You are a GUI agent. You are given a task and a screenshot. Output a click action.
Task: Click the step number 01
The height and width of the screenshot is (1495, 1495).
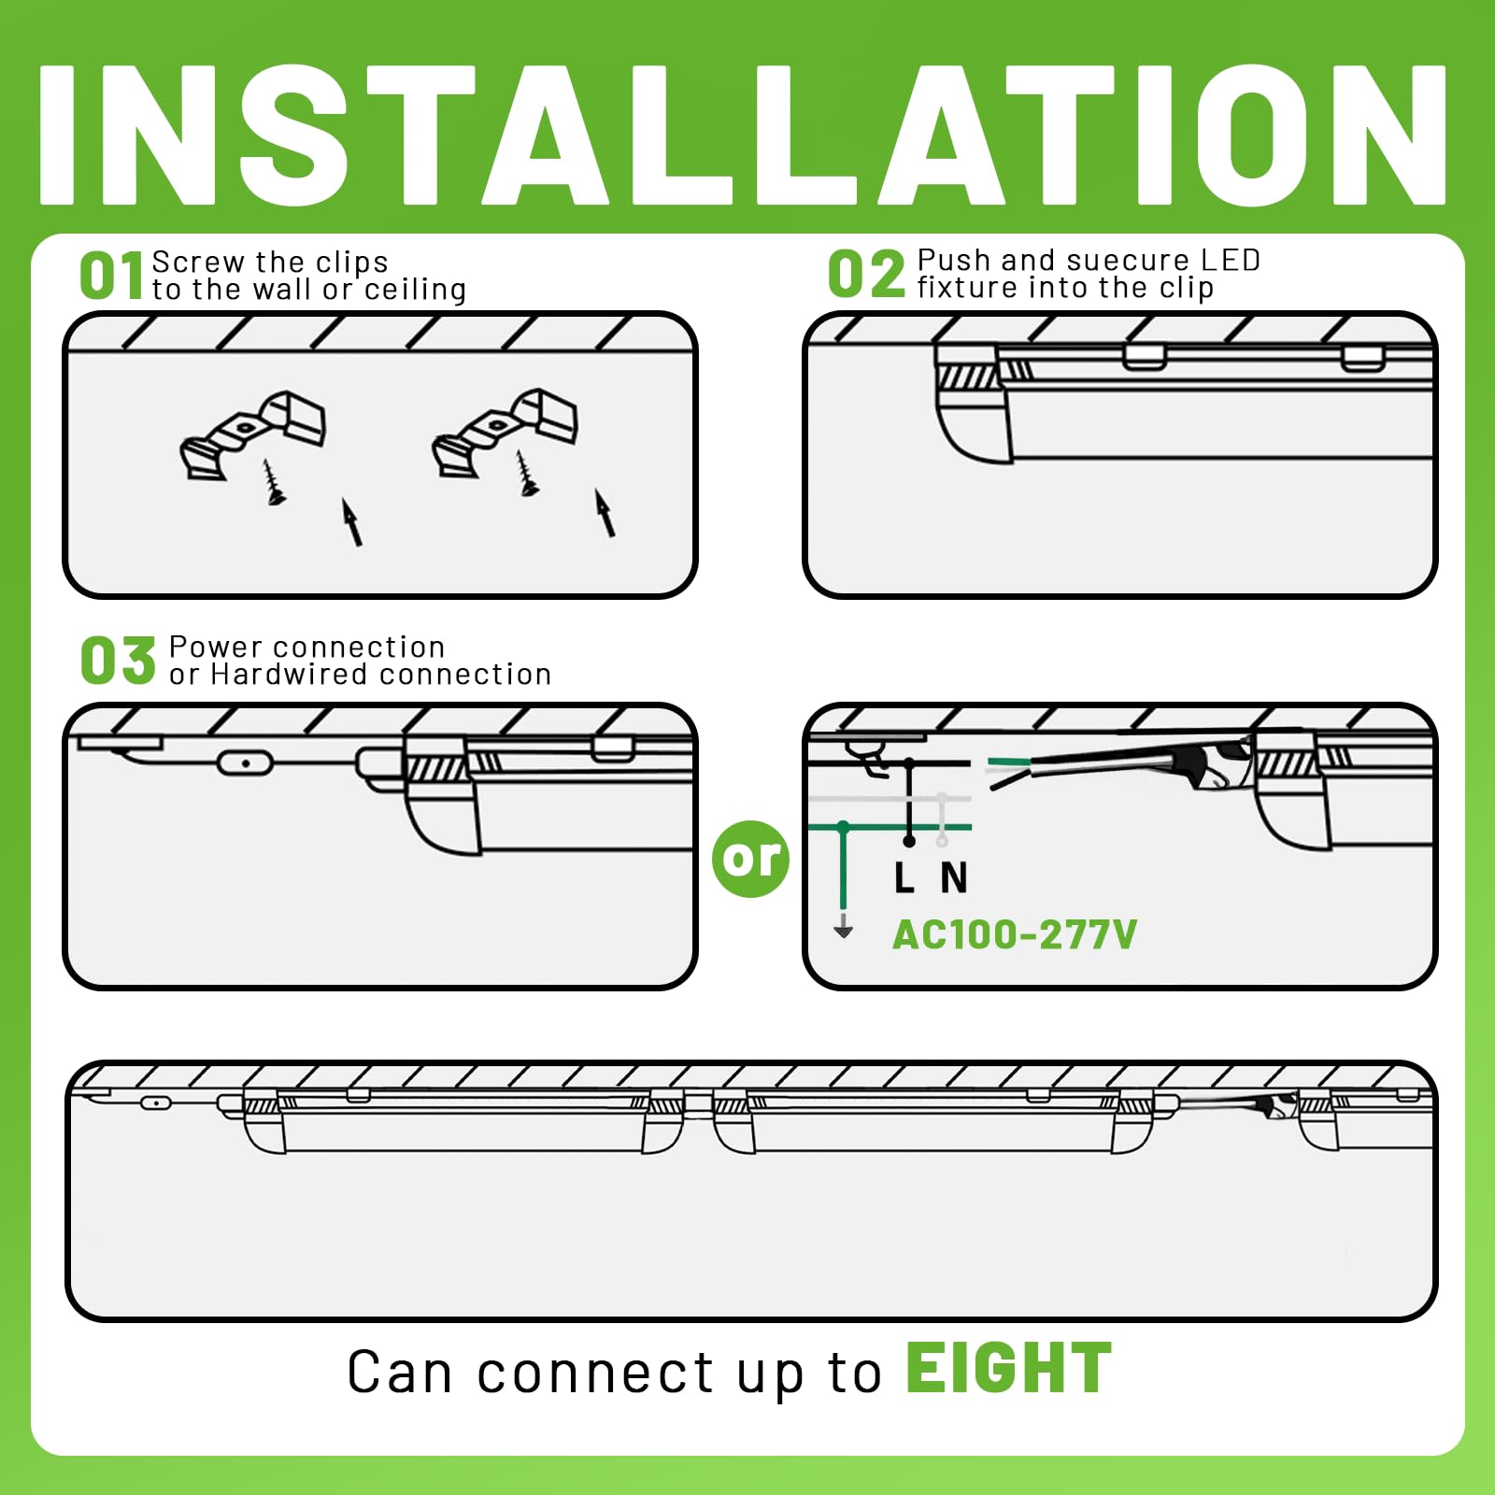111,277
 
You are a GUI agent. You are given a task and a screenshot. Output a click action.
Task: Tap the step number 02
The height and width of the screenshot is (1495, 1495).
866,275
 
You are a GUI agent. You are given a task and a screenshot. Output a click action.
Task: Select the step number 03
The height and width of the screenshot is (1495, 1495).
118,661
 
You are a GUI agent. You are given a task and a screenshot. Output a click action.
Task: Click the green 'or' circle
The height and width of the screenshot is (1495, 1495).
750,859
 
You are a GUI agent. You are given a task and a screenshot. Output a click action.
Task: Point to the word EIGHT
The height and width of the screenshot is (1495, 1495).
1009,1370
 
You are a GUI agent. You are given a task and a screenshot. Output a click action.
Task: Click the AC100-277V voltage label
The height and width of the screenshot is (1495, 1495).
1015,934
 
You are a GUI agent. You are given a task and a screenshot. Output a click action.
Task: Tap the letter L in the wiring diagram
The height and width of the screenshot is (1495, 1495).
904,878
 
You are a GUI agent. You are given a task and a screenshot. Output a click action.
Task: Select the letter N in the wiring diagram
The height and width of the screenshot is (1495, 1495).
954,878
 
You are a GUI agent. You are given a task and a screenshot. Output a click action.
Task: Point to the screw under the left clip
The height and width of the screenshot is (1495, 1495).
274,482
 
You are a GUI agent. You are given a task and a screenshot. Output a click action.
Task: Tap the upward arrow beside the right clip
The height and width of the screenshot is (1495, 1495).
605,514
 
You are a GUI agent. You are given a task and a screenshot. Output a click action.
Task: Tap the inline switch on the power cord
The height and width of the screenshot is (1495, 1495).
245,763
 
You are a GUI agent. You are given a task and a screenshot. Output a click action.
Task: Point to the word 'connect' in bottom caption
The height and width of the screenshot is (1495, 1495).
596,1374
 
